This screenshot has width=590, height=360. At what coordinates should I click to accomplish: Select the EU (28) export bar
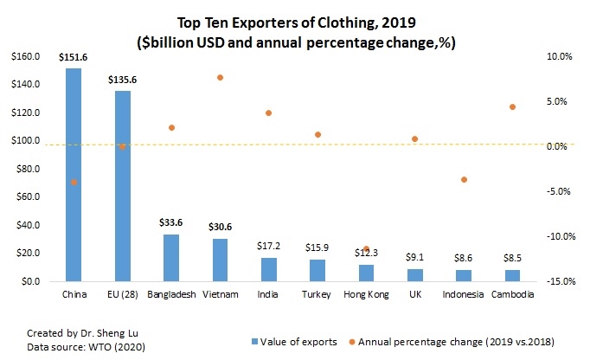[x=123, y=186]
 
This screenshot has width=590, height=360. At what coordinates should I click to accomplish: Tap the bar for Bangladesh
[x=171, y=258]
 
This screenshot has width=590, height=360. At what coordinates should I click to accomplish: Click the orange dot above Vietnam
[x=221, y=78]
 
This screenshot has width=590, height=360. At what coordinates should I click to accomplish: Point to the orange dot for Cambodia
[x=513, y=107]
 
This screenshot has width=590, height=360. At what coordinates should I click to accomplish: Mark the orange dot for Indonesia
[x=464, y=180]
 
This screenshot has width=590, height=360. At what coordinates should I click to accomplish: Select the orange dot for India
[x=269, y=113]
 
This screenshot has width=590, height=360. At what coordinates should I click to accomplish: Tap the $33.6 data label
[x=171, y=222]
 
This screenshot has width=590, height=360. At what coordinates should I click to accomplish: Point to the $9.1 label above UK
[x=415, y=256]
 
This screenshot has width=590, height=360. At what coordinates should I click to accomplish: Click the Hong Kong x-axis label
[x=366, y=295]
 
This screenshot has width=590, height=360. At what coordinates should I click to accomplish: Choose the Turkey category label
[x=317, y=295]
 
